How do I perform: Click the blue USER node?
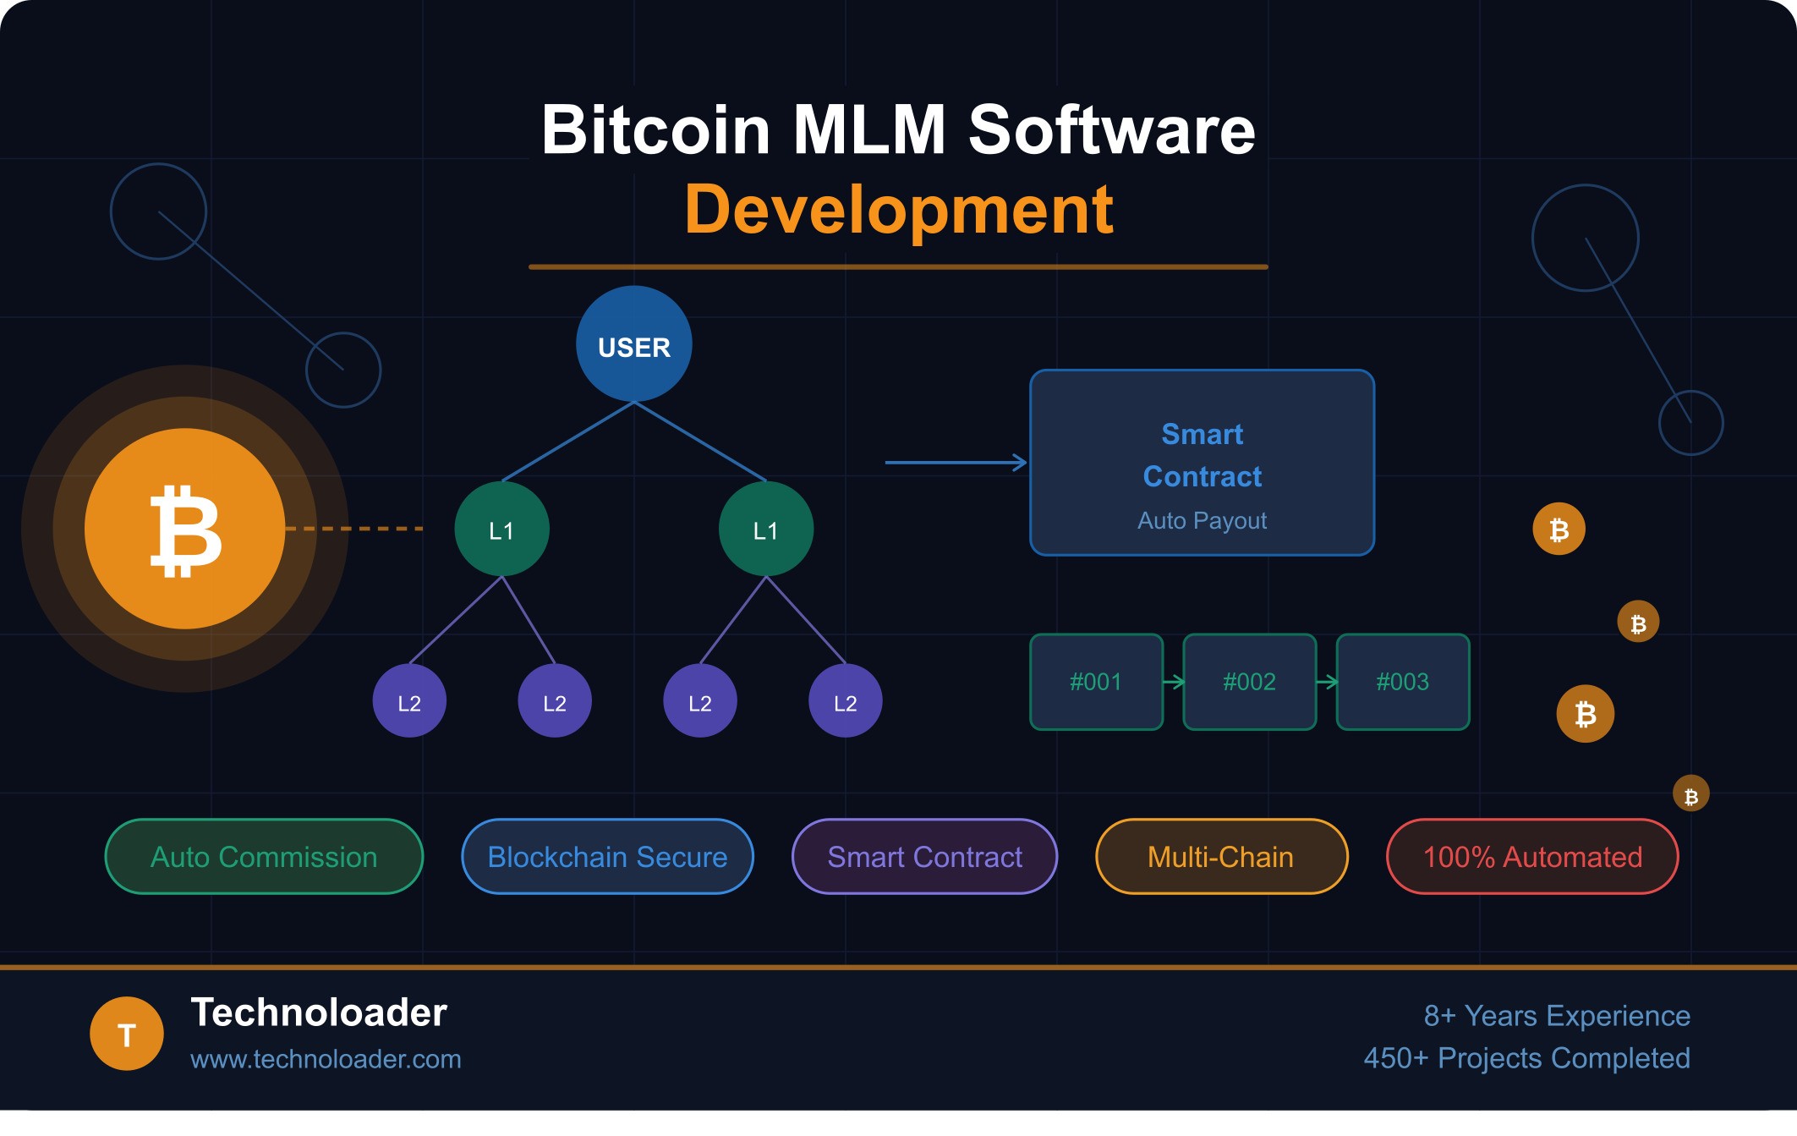tap(633, 344)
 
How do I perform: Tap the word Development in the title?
tap(898, 210)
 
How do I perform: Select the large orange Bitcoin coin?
tap(185, 529)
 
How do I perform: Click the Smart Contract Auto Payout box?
tap(1202, 463)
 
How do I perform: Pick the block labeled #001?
tap(1096, 682)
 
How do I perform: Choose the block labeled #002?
tap(1249, 682)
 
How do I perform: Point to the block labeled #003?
tap(1402, 682)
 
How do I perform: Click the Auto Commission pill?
tap(264, 857)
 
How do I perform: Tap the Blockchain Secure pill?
tap(607, 857)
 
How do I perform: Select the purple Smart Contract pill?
tap(924, 857)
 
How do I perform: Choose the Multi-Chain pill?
tap(1220, 857)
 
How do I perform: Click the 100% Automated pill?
tap(1532, 857)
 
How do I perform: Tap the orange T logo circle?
tap(127, 1034)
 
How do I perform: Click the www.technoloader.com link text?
tap(326, 1059)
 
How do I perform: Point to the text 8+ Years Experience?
tap(1557, 1015)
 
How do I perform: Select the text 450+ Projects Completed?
tap(1526, 1058)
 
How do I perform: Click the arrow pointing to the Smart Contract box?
tap(956, 463)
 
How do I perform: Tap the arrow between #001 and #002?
tap(1173, 682)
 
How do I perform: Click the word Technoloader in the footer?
tap(319, 1013)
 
